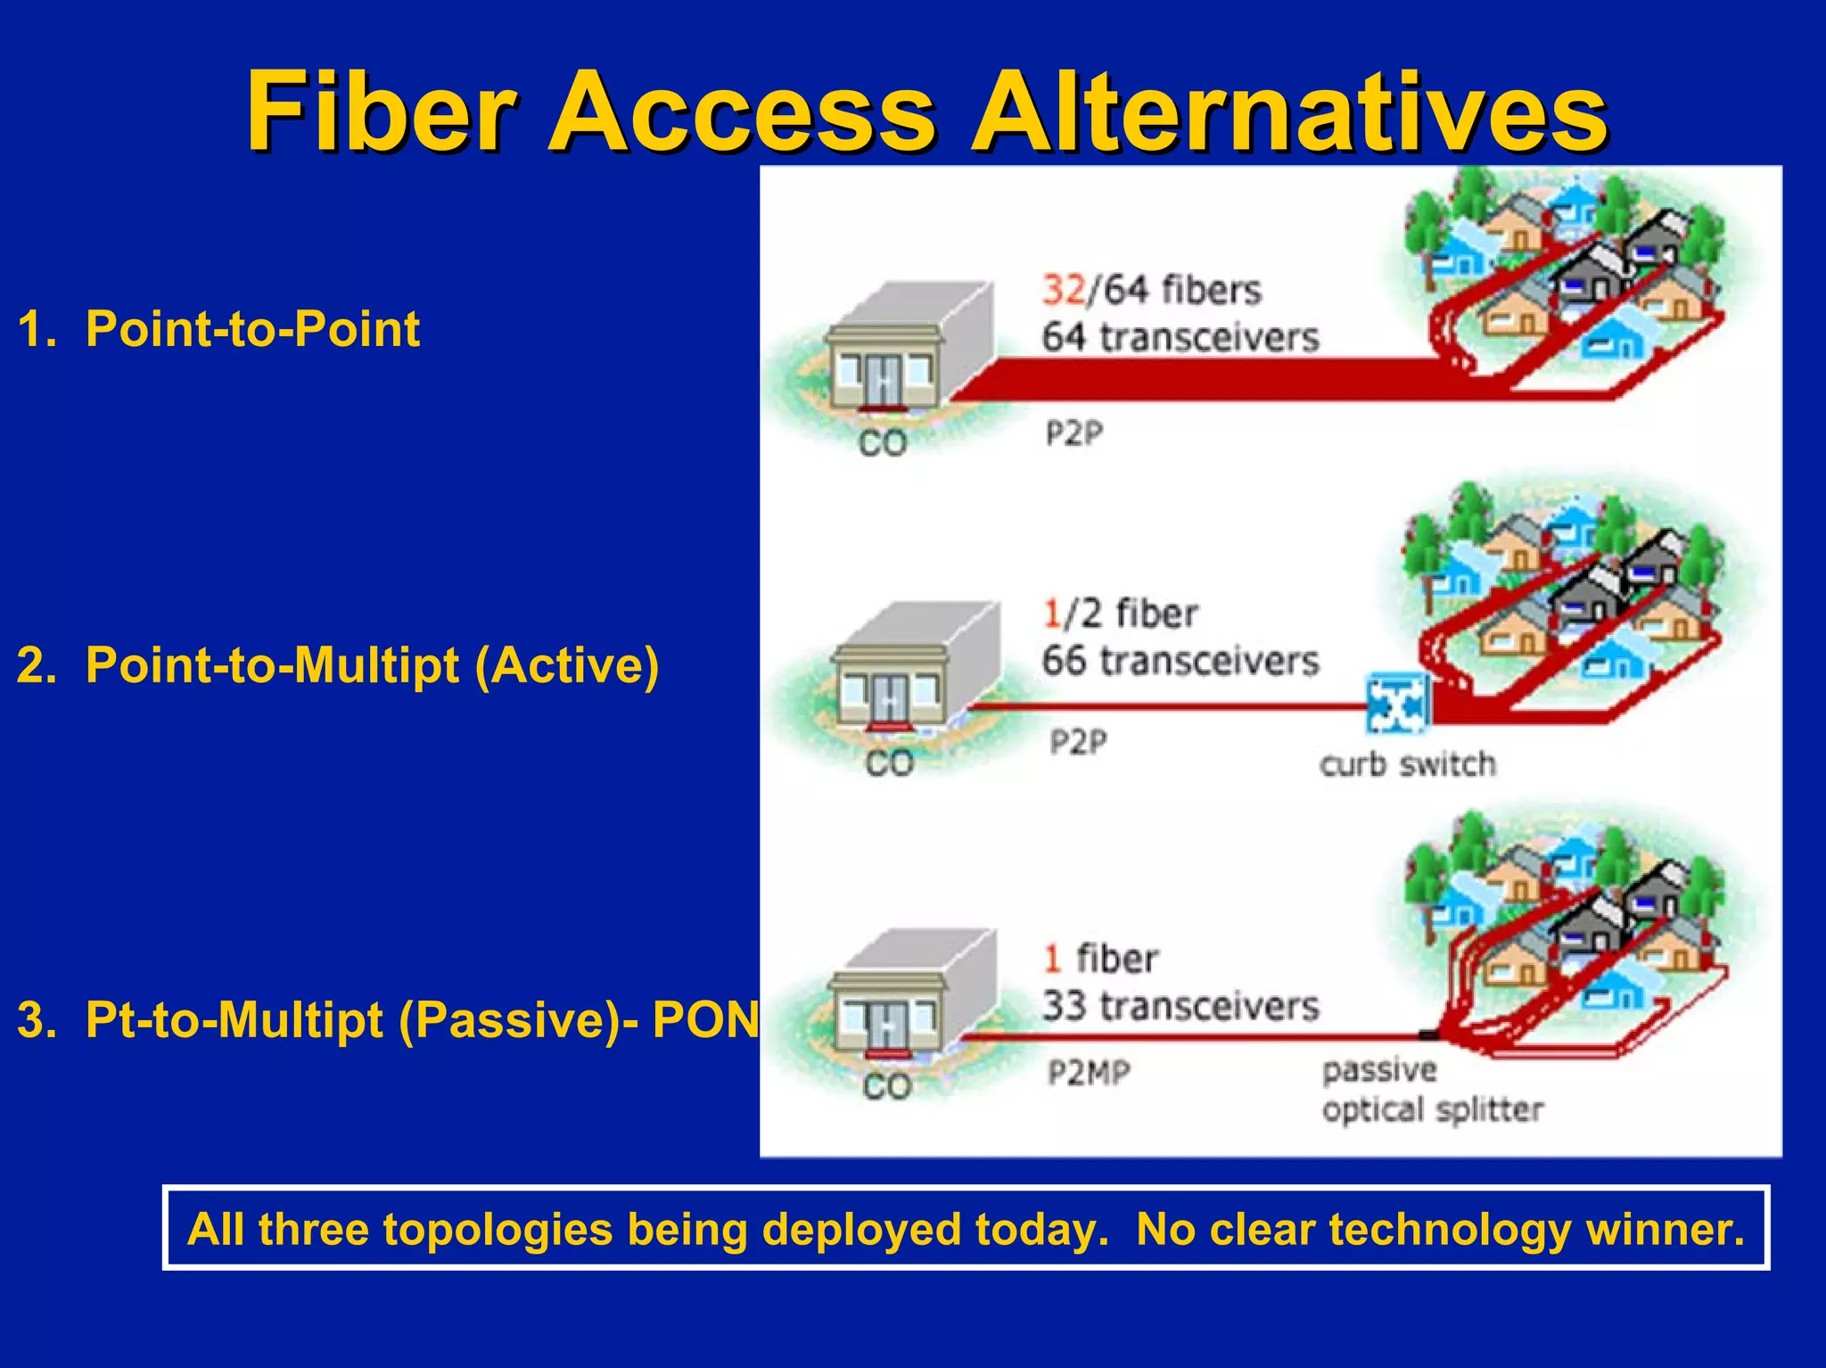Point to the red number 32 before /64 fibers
[x=1064, y=291]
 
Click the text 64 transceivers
[x=1180, y=338]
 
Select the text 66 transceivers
[x=1180, y=662]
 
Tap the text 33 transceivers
[x=1180, y=1007]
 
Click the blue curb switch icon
[x=1398, y=701]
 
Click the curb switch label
[x=1407, y=765]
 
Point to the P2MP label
[x=1089, y=1072]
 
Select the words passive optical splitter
[x=1431, y=1090]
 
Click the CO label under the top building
[x=883, y=443]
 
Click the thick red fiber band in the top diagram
[x=1204, y=379]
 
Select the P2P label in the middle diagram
[x=1078, y=741]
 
